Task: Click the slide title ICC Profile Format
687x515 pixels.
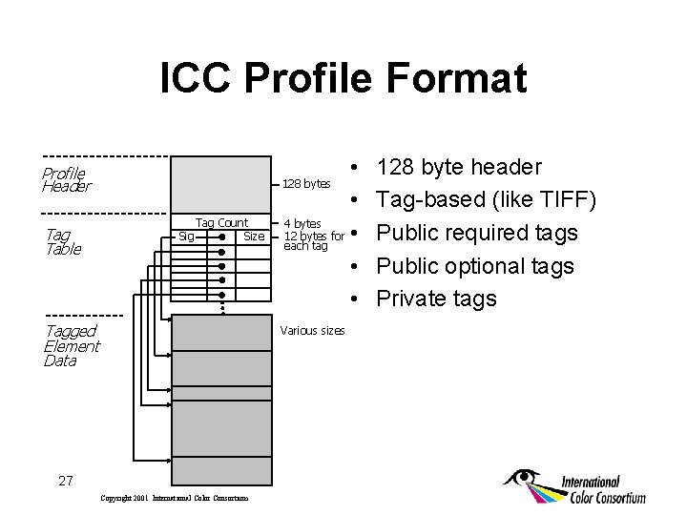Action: coord(343,78)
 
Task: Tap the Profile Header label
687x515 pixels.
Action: coord(65,179)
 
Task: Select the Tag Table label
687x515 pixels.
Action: coord(63,242)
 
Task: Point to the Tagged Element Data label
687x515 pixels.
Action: coord(72,345)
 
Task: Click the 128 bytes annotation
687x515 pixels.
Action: coord(306,183)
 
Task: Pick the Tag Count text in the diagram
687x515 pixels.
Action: coord(221,223)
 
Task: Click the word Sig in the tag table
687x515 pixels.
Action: coord(186,237)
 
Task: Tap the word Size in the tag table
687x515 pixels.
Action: coord(254,237)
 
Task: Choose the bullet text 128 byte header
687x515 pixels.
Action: coord(459,168)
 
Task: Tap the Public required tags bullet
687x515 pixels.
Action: coord(478,233)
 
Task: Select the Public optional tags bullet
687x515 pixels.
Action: coord(475,266)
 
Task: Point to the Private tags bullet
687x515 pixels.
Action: coord(436,299)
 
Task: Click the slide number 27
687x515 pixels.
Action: coord(65,481)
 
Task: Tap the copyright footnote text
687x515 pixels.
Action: coord(175,498)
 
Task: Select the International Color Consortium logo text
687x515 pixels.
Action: coord(603,489)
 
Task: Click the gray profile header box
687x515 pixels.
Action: coord(219,181)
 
